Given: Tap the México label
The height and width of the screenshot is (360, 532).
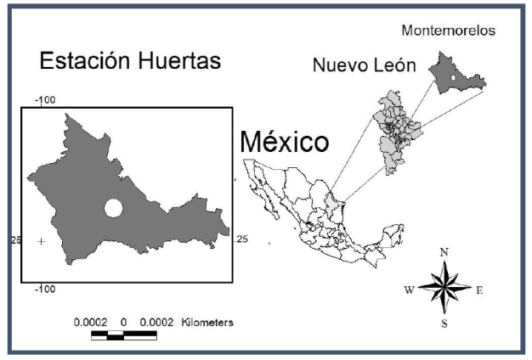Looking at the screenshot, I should point(283,142).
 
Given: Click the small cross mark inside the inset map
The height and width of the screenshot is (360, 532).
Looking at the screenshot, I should point(42,242).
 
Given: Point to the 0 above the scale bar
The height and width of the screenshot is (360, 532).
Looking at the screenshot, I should point(124,323).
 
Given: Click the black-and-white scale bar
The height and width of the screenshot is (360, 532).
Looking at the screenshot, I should point(123,335).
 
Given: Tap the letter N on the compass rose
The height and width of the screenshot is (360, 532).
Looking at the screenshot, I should point(444,252).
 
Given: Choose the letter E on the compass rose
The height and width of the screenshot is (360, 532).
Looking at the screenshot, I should point(479,290).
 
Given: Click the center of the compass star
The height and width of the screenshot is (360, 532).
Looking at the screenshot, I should point(444,289).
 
